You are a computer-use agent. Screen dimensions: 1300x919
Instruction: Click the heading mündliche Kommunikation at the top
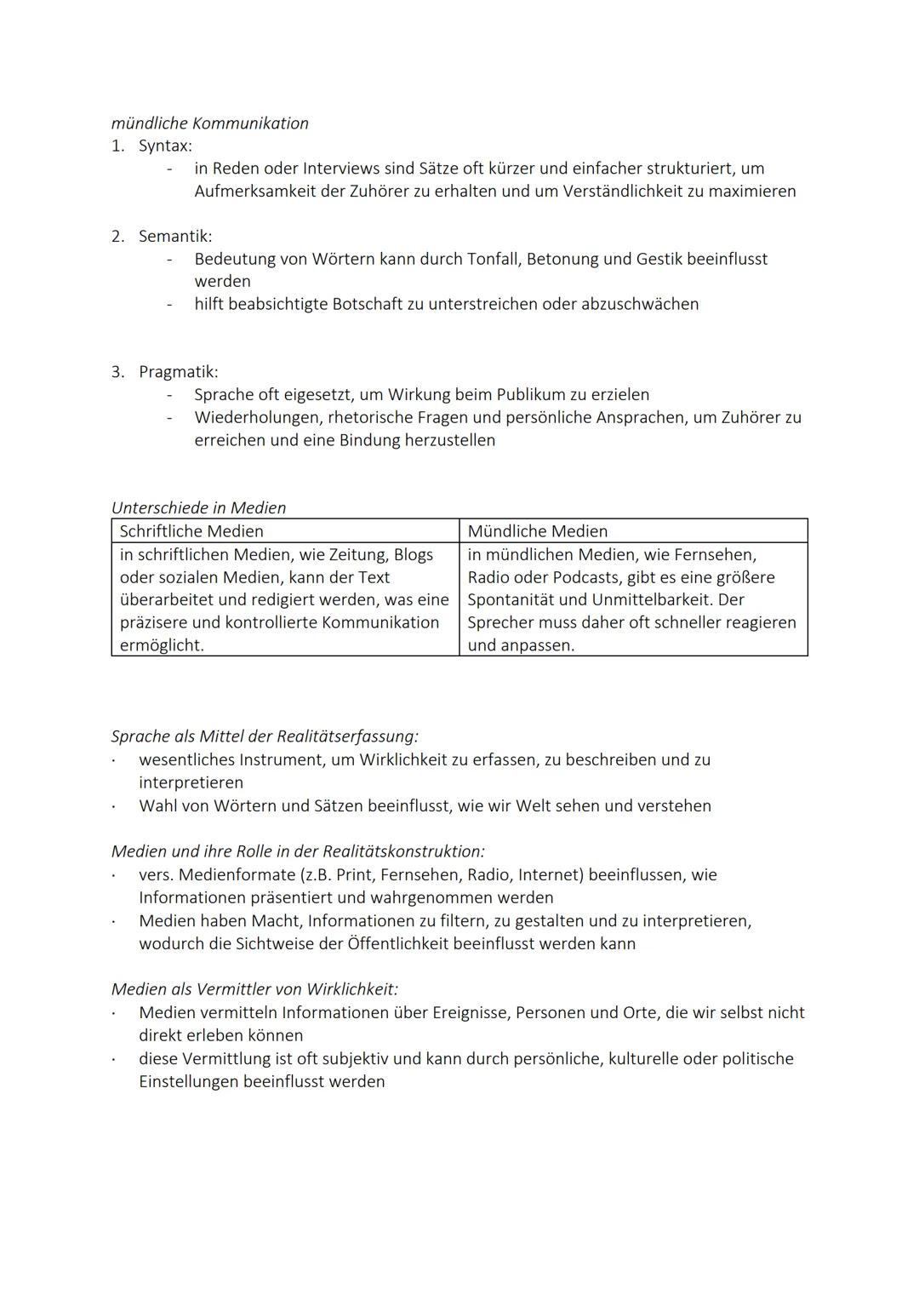[209, 123]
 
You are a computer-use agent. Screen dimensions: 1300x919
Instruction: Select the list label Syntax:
[165, 146]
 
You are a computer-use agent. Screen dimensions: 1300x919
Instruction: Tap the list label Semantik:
[175, 236]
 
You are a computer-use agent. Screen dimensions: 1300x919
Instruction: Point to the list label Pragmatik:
[178, 372]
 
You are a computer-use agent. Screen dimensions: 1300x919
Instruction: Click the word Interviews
[341, 169]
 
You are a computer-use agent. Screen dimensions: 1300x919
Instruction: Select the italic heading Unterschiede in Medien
[198, 507]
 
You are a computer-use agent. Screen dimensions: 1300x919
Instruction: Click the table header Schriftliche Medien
[191, 531]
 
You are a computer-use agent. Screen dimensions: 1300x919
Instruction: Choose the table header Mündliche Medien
[538, 531]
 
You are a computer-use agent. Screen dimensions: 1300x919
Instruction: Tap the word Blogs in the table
[413, 554]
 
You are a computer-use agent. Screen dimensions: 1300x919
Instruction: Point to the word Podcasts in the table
[586, 577]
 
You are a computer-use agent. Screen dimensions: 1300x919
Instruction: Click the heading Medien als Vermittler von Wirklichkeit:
[254, 989]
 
